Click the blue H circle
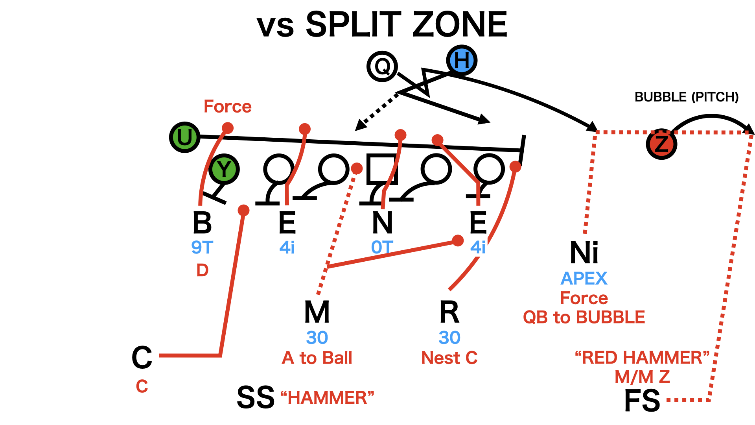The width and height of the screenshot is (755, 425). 462,60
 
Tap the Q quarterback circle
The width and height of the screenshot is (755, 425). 382,66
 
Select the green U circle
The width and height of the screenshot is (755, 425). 184,137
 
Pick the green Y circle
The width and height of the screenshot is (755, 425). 224,169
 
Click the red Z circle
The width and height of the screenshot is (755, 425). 661,144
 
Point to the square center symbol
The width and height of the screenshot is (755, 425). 381,169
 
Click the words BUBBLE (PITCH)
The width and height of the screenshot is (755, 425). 687,97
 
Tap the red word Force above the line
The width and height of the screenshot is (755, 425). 227,106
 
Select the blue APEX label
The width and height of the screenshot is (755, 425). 584,279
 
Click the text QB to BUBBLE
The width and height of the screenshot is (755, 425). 584,317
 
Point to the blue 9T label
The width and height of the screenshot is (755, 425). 202,248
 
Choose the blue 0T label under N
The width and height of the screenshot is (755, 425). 382,248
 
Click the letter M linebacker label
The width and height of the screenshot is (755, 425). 317,312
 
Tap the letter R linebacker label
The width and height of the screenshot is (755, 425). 449,312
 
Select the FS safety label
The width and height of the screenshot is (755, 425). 642,401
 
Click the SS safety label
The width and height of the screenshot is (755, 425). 256,397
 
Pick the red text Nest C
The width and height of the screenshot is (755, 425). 449,358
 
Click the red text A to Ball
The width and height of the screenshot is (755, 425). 317,358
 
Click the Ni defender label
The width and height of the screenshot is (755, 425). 584,253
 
